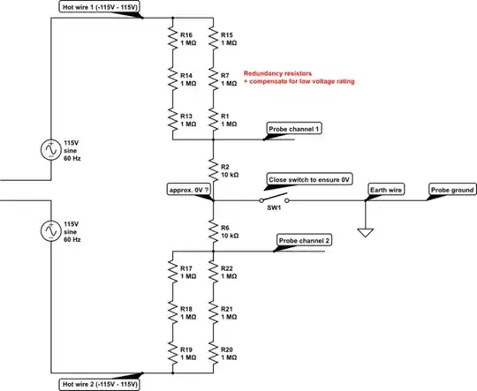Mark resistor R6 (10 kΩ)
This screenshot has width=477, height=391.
point(213,230)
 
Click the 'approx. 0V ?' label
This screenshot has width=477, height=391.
point(188,189)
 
